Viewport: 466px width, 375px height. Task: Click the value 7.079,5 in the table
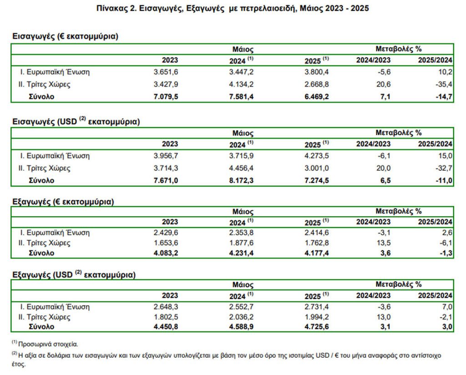pos(166,96)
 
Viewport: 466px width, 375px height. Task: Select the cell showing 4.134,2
pos(241,84)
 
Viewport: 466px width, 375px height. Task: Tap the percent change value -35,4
pos(444,84)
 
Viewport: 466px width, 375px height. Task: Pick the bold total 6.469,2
pos(317,96)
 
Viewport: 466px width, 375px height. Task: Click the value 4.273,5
pos(317,156)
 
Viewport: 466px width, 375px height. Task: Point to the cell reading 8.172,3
pos(241,180)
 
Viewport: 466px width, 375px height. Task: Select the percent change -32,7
pos(444,168)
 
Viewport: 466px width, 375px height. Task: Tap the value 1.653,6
pos(166,243)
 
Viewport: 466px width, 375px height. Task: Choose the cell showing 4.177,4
pos(317,253)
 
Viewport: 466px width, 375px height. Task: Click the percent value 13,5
pos(383,243)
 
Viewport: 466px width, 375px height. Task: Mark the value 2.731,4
pos(317,307)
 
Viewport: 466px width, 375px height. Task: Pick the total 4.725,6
pos(317,327)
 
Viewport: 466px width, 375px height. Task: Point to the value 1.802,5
pos(166,317)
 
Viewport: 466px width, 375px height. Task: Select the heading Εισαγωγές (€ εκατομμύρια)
pos(66,36)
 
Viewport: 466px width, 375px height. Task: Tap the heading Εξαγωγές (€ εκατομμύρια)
pos(63,202)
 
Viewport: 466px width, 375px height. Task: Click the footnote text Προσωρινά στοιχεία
pos(48,345)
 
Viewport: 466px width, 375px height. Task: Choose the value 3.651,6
pos(166,72)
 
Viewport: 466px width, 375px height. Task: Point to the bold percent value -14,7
pos(444,96)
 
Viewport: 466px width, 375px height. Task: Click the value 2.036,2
pos(241,317)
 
